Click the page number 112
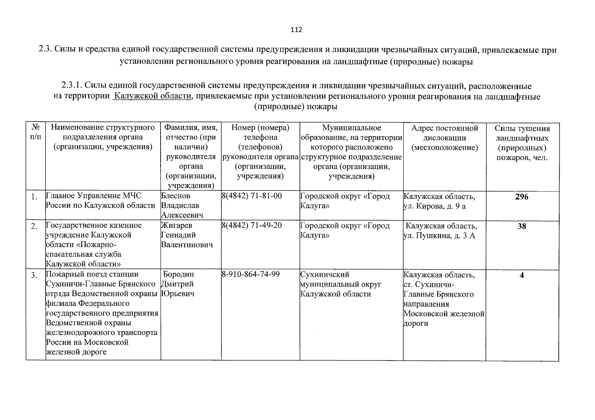(x=296, y=30)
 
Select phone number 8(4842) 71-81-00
(x=252, y=196)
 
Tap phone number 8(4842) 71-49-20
(x=252, y=225)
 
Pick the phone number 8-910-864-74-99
(x=251, y=274)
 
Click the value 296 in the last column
(x=522, y=197)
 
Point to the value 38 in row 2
(x=522, y=226)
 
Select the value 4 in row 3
(x=522, y=275)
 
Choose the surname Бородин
(x=178, y=274)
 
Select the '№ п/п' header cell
(x=35, y=132)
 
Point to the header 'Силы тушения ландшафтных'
(x=522, y=133)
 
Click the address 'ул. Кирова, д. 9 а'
(x=435, y=206)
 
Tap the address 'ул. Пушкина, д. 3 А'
(x=440, y=236)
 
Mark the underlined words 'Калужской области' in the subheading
(x=153, y=96)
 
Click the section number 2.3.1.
(x=72, y=86)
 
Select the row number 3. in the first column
(x=34, y=275)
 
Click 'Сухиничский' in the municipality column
(x=325, y=274)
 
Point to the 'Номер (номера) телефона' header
(x=261, y=133)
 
